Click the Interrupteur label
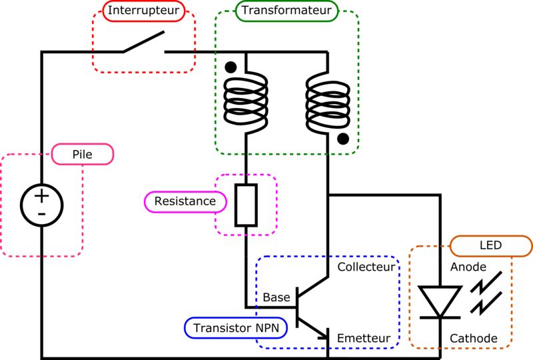pos(143,11)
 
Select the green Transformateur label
pos(286,11)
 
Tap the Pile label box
pos(82,155)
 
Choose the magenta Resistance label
pos(185,201)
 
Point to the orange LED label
pos(490,246)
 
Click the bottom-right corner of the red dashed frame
pos(195,71)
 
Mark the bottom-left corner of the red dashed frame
pos(93,71)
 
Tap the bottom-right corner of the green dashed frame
pos(358,154)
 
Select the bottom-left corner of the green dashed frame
pos(216,154)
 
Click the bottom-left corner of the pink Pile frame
pos(2,256)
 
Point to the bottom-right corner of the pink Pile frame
pos(83,256)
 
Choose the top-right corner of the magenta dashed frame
pos(276,176)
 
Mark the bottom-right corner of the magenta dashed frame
pos(276,235)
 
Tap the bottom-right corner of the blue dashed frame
pos(398,347)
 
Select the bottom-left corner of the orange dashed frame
pos(410,347)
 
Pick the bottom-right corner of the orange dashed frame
pos(511,347)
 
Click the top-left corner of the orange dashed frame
pos(410,247)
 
